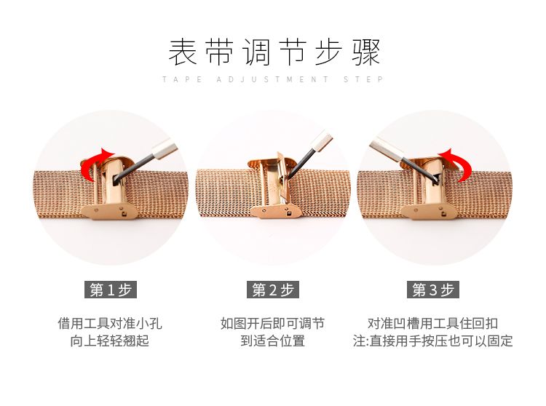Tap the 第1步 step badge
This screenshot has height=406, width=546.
point(111,290)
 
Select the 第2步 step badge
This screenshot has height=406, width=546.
point(273,290)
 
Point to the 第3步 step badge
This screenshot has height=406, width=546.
point(433,290)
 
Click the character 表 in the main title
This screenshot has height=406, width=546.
point(183,52)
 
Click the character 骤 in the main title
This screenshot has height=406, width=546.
point(365,52)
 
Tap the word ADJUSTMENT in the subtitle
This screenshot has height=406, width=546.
point(272,79)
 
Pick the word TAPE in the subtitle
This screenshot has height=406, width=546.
point(183,79)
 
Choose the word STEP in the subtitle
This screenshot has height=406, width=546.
point(363,79)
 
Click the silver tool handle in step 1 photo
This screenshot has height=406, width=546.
point(165,148)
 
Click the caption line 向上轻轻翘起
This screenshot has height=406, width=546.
point(110,341)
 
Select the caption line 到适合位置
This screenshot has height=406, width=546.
point(273,341)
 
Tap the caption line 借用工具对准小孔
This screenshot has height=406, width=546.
point(110,324)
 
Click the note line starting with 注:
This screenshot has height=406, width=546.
point(433,341)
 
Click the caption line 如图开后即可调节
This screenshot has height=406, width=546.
point(273,324)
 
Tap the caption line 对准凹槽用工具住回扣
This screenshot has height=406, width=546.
point(433,324)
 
